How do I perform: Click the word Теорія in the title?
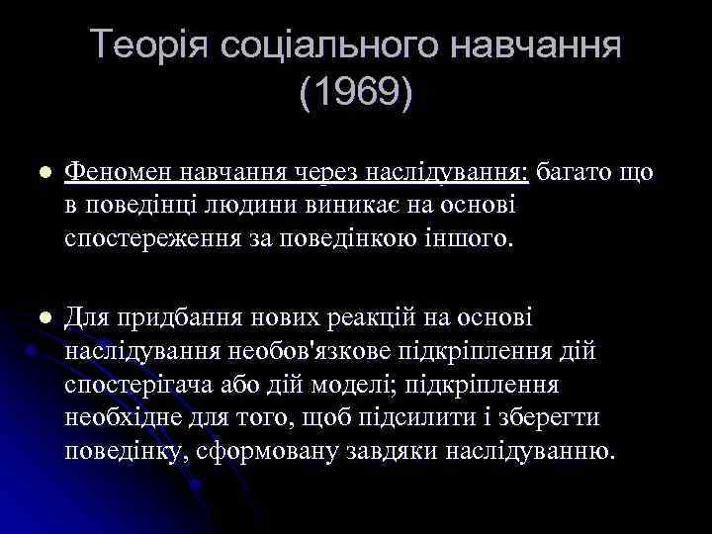pos(148,45)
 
